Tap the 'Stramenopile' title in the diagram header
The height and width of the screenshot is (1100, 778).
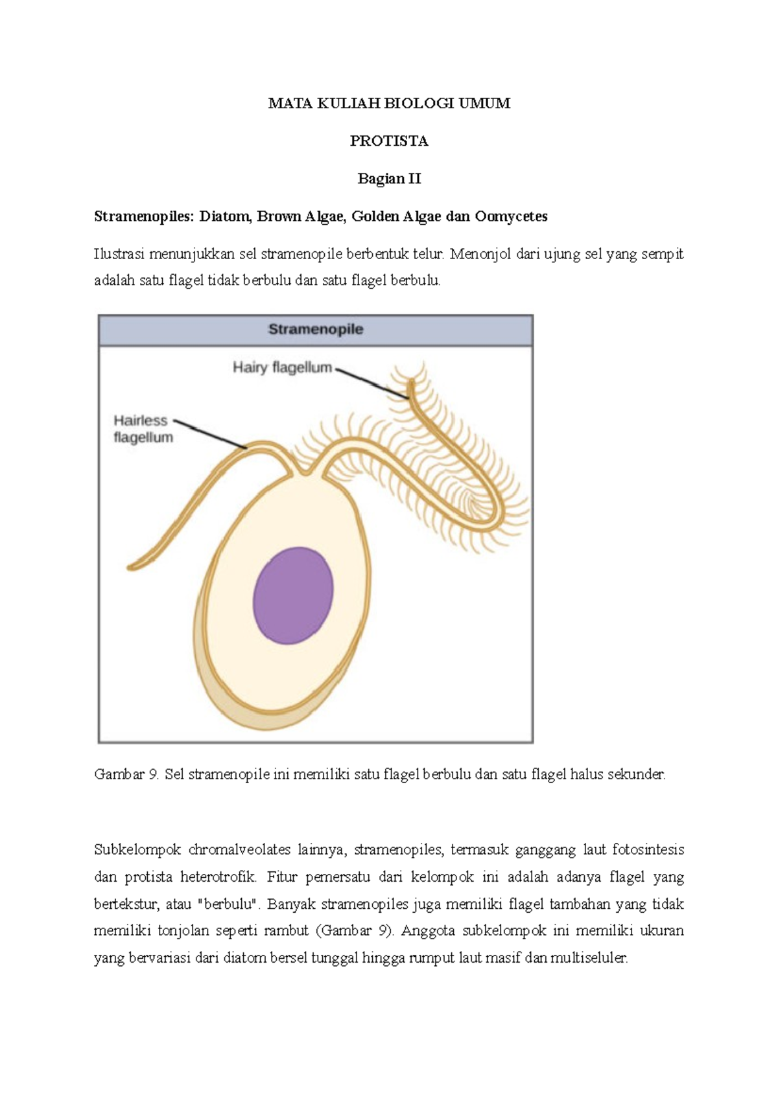[x=316, y=329]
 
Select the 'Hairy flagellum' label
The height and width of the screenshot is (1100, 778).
[x=282, y=368]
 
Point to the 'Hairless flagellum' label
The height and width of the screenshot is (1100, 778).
[x=143, y=429]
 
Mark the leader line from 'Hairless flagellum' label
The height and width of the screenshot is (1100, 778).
[x=211, y=435]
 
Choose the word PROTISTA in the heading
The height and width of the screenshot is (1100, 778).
[x=389, y=141]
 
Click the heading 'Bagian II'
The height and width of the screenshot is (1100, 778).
[x=389, y=179]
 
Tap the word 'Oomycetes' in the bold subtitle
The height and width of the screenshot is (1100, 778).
[x=511, y=216]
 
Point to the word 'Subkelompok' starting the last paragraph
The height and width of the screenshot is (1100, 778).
[x=136, y=849]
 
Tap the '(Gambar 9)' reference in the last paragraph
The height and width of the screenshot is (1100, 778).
[x=355, y=931]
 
